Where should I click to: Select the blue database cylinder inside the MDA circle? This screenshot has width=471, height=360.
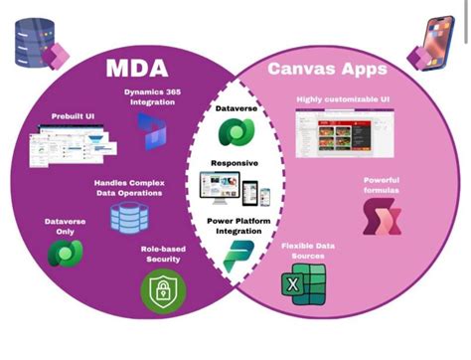(x=127, y=216)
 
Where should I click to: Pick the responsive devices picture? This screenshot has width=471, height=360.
(x=235, y=189)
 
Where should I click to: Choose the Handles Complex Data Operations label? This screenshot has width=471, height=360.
(x=130, y=188)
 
